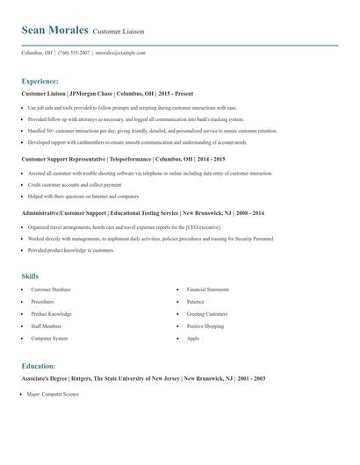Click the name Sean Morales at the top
[54, 30]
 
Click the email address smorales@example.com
[120, 53]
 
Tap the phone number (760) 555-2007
[74, 53]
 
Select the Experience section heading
[40, 81]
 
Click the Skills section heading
[30, 276]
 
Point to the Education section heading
[39, 366]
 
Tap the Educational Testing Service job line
[142, 213]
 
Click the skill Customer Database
[51, 289]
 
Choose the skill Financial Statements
[208, 289]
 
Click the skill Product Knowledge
[51, 313]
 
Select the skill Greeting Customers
[206, 313]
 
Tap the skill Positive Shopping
[205, 325]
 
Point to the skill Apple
[192, 338]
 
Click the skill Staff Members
[47, 325]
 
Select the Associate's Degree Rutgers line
[143, 378]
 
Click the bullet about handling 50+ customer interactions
[140, 130]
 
